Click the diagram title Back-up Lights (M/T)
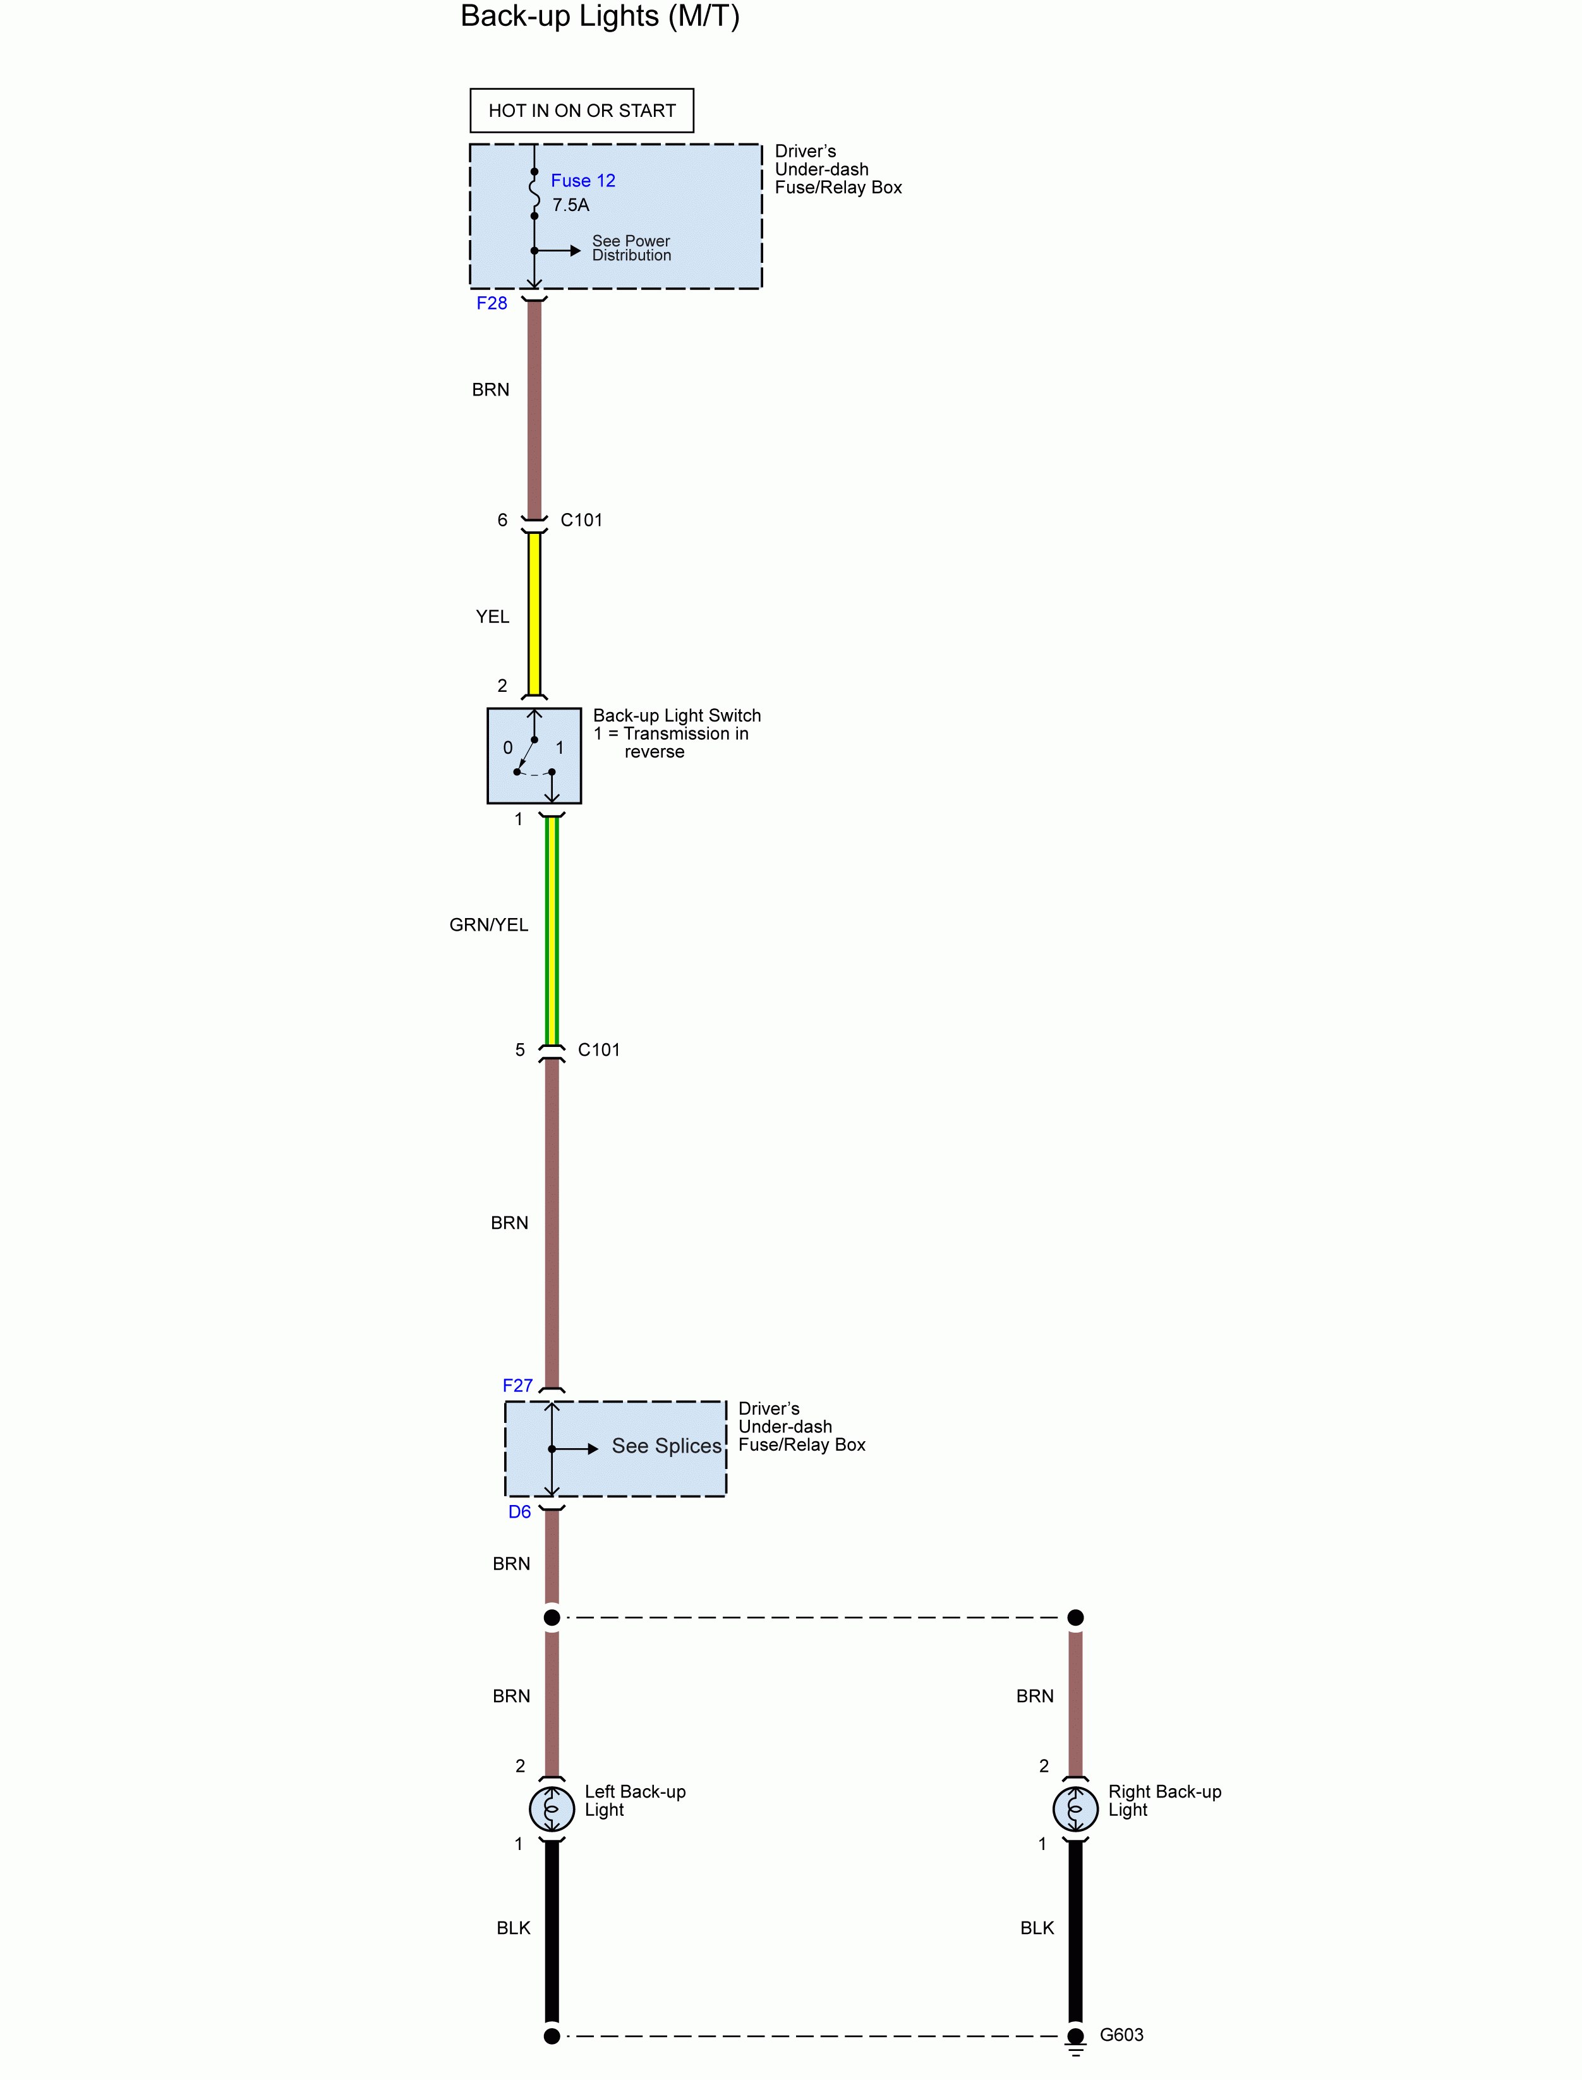click(600, 17)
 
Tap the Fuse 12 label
click(583, 181)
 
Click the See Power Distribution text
click(631, 248)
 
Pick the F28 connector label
click(492, 303)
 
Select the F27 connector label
click(517, 1385)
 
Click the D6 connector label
click(520, 1511)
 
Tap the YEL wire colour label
click(493, 617)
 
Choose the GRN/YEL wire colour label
click(489, 924)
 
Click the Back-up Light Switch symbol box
click(534, 755)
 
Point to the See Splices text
click(667, 1446)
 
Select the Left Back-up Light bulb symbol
click(552, 1808)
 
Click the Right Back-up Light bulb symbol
click(1075, 1808)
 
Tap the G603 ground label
click(1121, 2035)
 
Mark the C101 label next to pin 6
click(581, 520)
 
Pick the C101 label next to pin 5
click(599, 1050)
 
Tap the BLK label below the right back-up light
click(1037, 1928)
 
